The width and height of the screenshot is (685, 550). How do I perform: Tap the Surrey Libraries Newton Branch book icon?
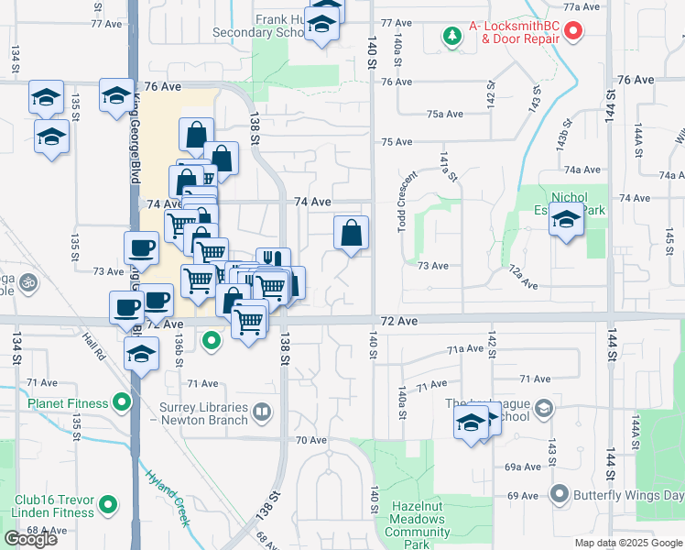click(x=264, y=411)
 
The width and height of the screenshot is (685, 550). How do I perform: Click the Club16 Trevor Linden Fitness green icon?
click(x=109, y=502)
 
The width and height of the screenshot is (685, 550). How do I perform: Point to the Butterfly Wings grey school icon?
click(x=559, y=495)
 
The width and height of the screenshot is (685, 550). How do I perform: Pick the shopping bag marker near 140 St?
click(x=351, y=235)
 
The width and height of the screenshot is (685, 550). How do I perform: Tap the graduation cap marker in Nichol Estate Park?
click(x=567, y=222)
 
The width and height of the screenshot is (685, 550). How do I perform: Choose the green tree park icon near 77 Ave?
click(x=451, y=36)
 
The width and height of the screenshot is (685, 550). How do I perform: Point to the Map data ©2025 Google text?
click(x=628, y=543)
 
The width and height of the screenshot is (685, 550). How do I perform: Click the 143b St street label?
click(x=563, y=134)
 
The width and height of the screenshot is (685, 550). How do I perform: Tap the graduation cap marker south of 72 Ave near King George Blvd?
click(x=140, y=355)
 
